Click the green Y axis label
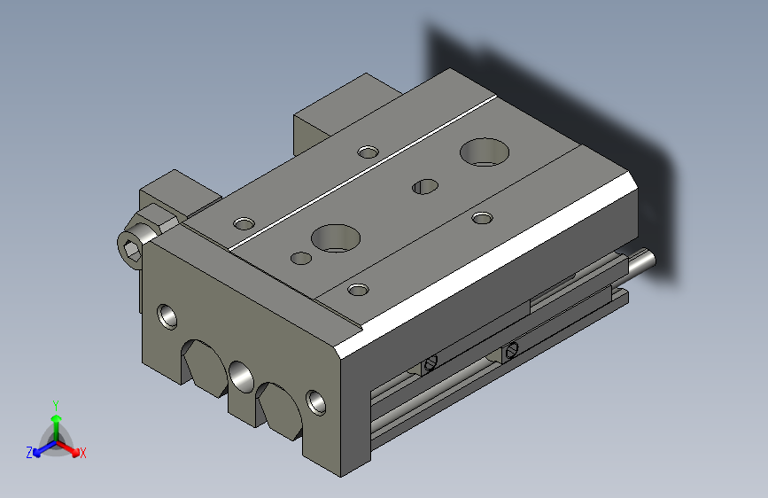56,405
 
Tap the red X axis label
82,453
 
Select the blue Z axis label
29,453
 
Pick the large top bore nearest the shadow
485,152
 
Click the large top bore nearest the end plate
336,238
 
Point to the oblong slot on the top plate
425,186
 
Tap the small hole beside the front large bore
301,259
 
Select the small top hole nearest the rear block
368,152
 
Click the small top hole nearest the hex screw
244,224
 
